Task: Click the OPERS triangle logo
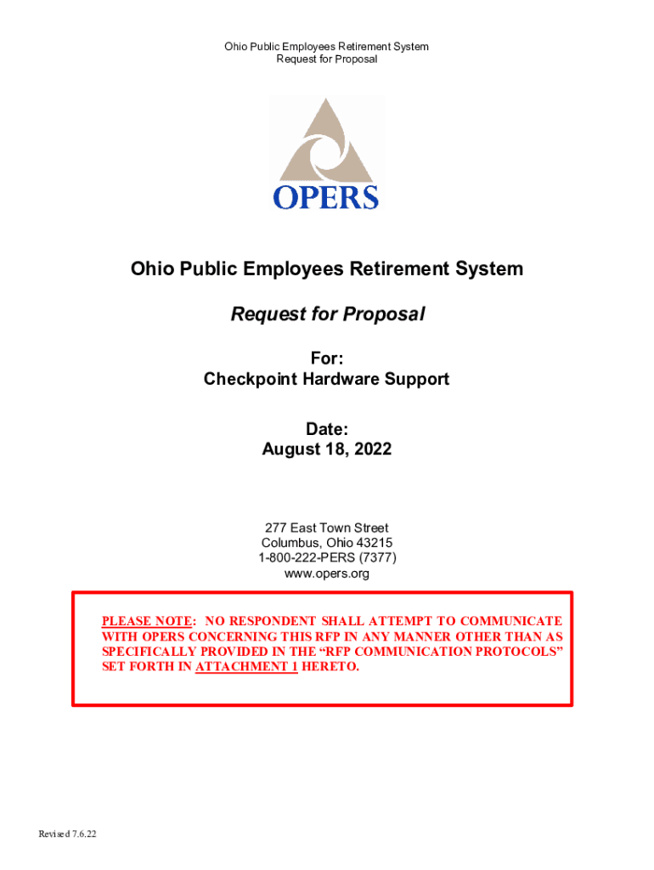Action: [326, 140]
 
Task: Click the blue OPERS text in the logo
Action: [326, 197]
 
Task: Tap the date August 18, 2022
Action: [327, 449]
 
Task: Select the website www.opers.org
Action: [327, 573]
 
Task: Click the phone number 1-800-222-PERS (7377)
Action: [327, 558]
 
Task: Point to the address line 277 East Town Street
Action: [327, 528]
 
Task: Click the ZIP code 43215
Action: [374, 543]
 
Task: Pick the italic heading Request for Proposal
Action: [327, 314]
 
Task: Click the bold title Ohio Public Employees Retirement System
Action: [327, 269]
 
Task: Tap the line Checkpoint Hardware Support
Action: [327, 379]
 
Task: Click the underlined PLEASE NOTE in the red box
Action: [149, 621]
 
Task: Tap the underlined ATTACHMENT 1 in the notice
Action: [245, 667]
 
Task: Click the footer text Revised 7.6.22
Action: [67, 833]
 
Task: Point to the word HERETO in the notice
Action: [330, 667]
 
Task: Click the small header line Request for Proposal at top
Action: [327, 59]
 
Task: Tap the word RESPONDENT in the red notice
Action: [269, 621]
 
